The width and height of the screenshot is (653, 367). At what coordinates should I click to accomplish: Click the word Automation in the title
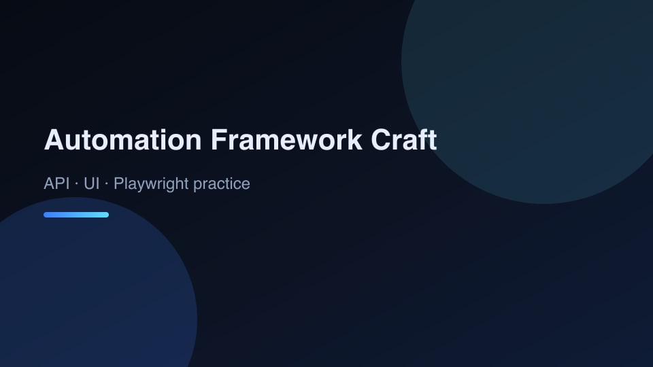click(x=123, y=139)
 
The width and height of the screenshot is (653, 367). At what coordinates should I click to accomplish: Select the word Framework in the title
click(x=286, y=139)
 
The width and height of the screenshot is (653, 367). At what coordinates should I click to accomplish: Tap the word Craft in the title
click(x=403, y=139)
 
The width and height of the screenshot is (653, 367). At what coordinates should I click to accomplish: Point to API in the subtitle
click(x=56, y=183)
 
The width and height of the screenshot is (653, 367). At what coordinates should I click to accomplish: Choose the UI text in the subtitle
click(x=92, y=183)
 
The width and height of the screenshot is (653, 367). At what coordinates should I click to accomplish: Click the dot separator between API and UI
click(x=77, y=184)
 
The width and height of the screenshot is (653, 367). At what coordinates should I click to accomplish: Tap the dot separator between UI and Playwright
click(x=107, y=184)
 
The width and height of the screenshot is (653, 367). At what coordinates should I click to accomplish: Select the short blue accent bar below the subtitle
click(x=76, y=215)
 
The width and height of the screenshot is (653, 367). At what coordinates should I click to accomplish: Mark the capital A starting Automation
click(x=53, y=139)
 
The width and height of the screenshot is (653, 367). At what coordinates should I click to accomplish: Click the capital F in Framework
click(x=218, y=139)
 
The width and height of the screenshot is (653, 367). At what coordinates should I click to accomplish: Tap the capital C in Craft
click(x=380, y=139)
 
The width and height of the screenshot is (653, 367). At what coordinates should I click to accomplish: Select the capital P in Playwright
click(x=118, y=183)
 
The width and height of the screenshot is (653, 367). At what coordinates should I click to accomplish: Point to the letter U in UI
click(x=89, y=183)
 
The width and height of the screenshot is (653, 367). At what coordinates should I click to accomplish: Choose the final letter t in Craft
click(x=433, y=140)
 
